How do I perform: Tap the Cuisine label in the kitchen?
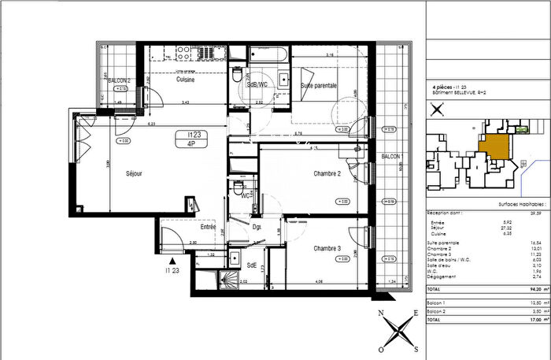[x=186, y=80]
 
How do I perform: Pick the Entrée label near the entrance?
[x=208, y=227]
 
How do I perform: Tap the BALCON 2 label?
[x=118, y=80]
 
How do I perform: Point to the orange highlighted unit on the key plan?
[x=494, y=148]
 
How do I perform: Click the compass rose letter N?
[x=381, y=314]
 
